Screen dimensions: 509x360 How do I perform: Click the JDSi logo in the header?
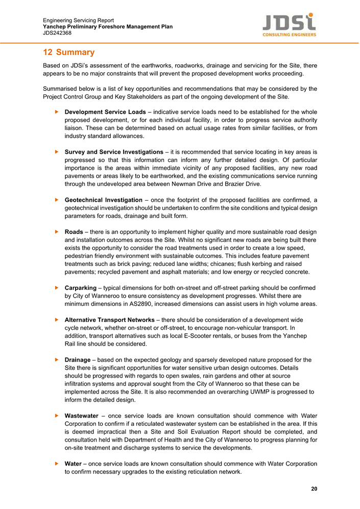point(289,25)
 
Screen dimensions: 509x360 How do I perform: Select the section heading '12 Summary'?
point(68,52)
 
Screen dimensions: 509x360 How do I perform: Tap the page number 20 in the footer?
point(314,489)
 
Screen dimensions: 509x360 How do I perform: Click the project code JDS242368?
point(57,33)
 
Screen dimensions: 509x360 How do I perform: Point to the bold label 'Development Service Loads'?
point(105,112)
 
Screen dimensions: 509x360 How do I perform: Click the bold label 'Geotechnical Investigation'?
point(104,200)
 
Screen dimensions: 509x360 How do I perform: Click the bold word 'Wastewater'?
point(82,416)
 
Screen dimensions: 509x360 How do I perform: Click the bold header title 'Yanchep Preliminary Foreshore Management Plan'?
point(108,27)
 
